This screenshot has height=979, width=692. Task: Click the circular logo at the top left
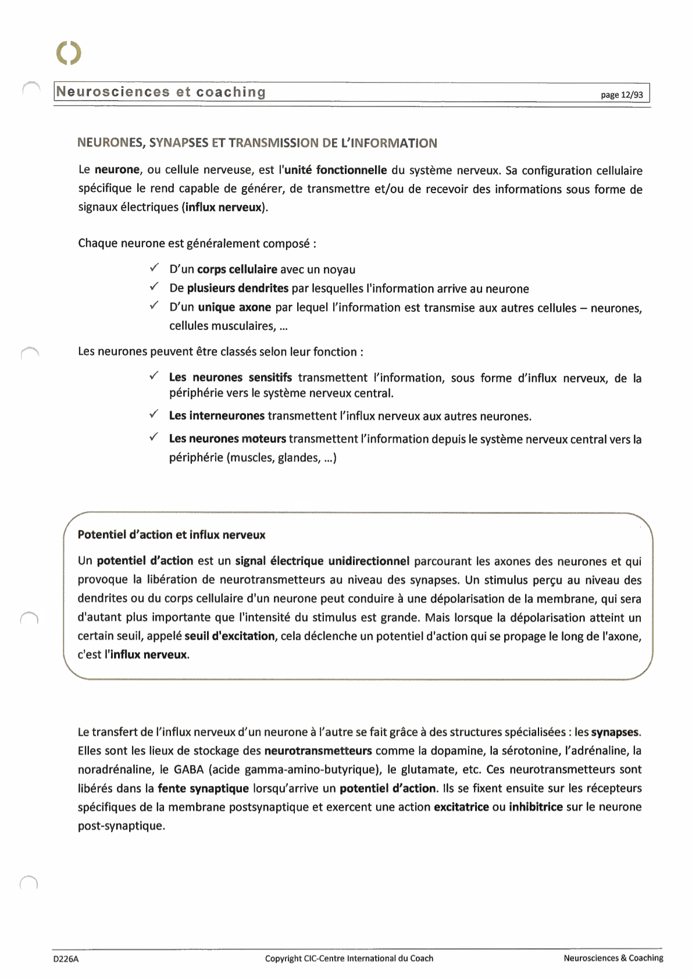69,53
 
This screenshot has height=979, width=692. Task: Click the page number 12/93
622,95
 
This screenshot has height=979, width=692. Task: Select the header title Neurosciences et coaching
161,92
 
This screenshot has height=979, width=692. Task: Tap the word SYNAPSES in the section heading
177,143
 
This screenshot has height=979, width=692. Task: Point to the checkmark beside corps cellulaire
154,268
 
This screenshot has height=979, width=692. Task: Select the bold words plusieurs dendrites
237,289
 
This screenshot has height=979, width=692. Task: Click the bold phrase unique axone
234,308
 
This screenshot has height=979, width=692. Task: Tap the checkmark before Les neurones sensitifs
154,376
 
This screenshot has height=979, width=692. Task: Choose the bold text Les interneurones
216,416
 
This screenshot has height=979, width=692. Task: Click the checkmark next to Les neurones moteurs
154,437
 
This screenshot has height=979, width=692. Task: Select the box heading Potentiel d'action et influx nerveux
172,535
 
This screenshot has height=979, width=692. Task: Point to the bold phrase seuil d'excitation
229,636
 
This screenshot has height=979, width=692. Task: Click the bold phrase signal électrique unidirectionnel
322,561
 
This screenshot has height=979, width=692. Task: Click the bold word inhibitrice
536,807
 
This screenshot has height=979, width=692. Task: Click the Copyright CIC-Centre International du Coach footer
349,958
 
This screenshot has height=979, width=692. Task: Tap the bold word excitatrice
461,807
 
